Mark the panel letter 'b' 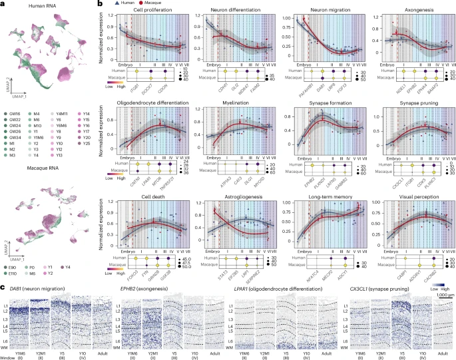(x=100, y=4)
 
